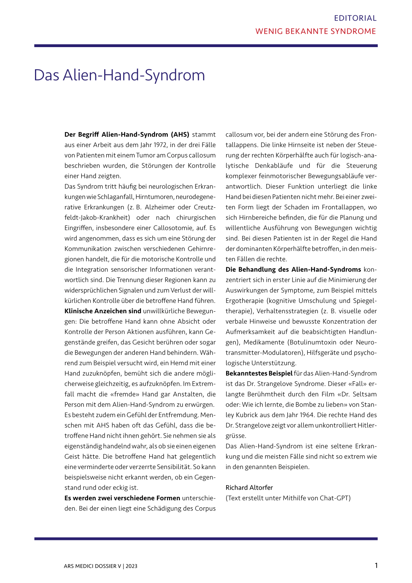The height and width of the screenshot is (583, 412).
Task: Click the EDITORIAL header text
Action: pyautogui.click(x=355, y=18)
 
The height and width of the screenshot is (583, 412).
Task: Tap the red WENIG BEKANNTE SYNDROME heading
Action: pyautogui.click(x=315, y=31)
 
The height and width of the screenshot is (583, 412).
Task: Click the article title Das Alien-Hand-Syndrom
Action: pyautogui.click(x=119, y=75)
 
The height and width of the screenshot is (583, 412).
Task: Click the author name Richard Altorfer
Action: pyautogui.click(x=249, y=488)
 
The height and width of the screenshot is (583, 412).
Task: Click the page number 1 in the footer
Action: pyautogui.click(x=376, y=566)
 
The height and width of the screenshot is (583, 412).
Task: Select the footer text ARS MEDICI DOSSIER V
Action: pyautogui.click(x=92, y=566)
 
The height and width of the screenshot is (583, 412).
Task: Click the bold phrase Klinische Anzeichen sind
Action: pyautogui.click(x=103, y=311)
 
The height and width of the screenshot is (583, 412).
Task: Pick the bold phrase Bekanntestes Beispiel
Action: pyautogui.click(x=259, y=374)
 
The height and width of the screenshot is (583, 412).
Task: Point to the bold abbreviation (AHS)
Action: pyautogui.click(x=180, y=134)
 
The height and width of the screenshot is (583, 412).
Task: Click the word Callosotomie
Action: pyautogui.click(x=173, y=228)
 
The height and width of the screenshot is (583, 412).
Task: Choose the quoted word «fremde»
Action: pyautogui.click(x=126, y=394)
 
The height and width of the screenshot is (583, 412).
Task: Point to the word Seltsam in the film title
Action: pyautogui.click(x=365, y=394)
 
